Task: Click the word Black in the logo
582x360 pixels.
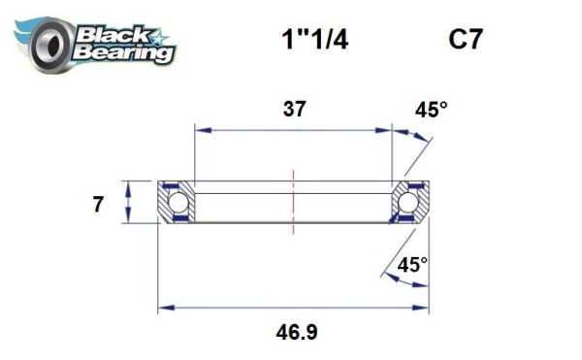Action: tap(108, 33)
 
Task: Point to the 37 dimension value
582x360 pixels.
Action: tap(294, 109)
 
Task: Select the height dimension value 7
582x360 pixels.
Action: tap(96, 204)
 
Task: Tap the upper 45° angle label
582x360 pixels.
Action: tap(432, 111)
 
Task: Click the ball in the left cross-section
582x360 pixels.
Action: tap(178, 203)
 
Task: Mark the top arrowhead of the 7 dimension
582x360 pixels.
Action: tap(127, 185)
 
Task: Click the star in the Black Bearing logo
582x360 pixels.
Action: tap(161, 38)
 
